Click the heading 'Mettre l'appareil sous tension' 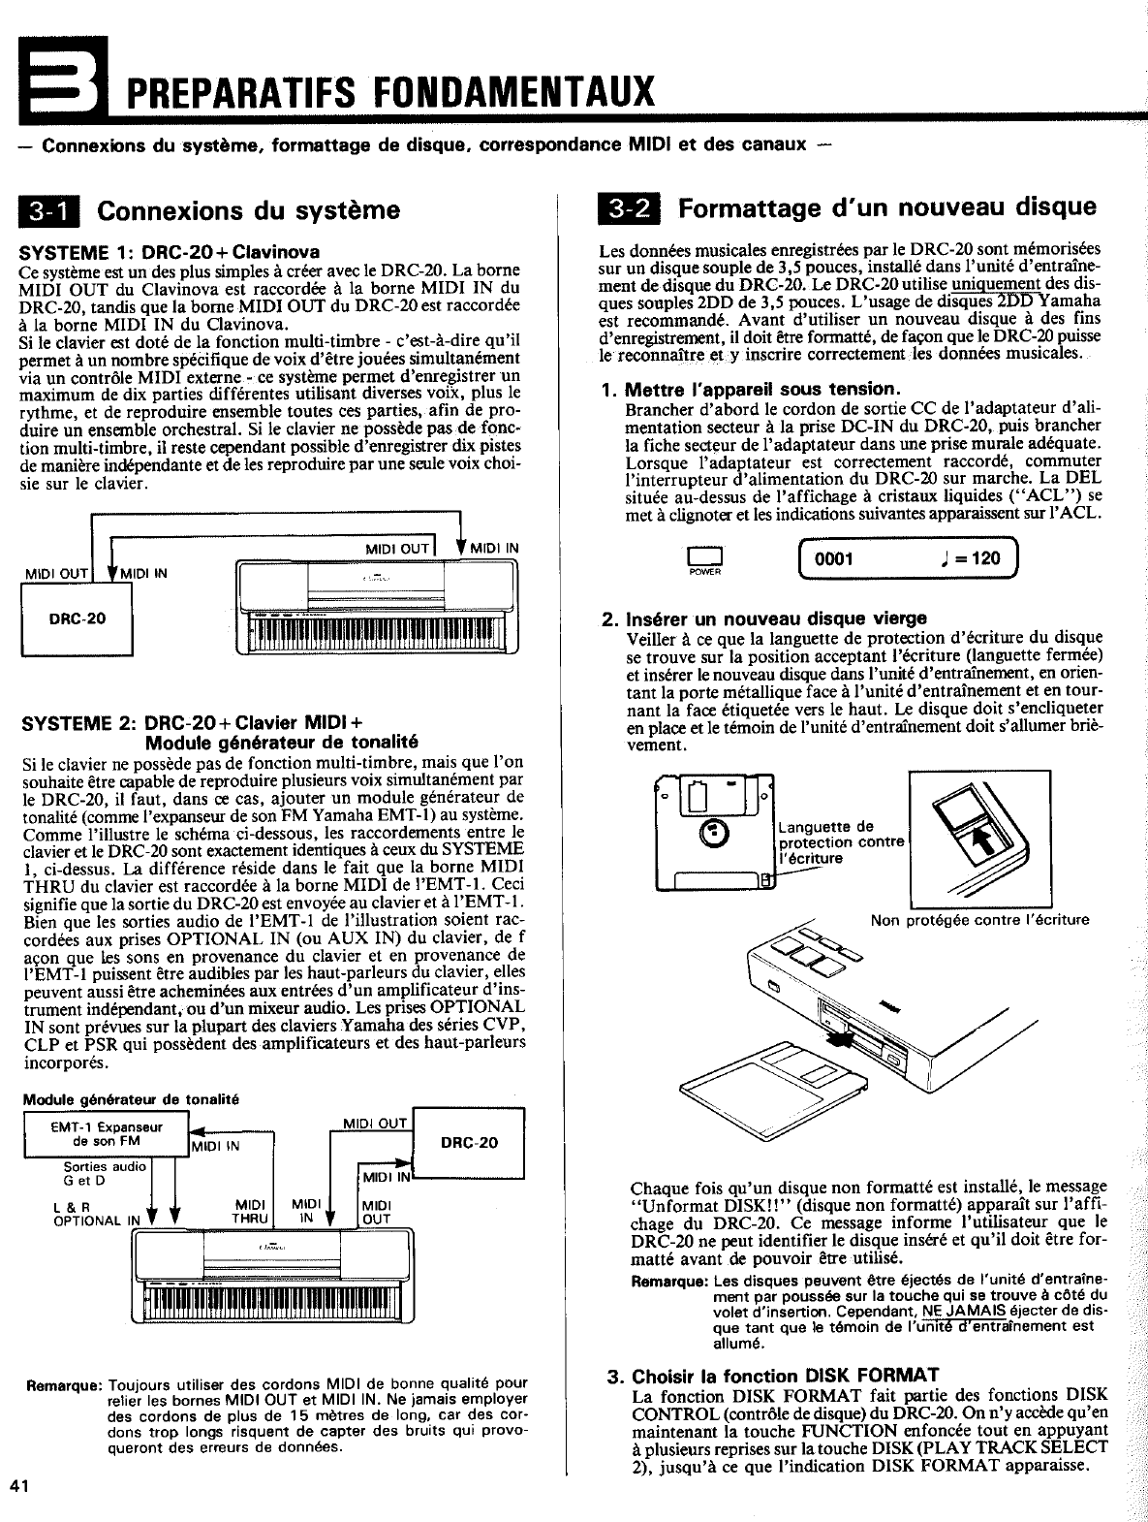751,390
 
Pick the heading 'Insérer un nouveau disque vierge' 765,618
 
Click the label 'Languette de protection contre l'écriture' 839,841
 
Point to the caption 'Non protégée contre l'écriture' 979,920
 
